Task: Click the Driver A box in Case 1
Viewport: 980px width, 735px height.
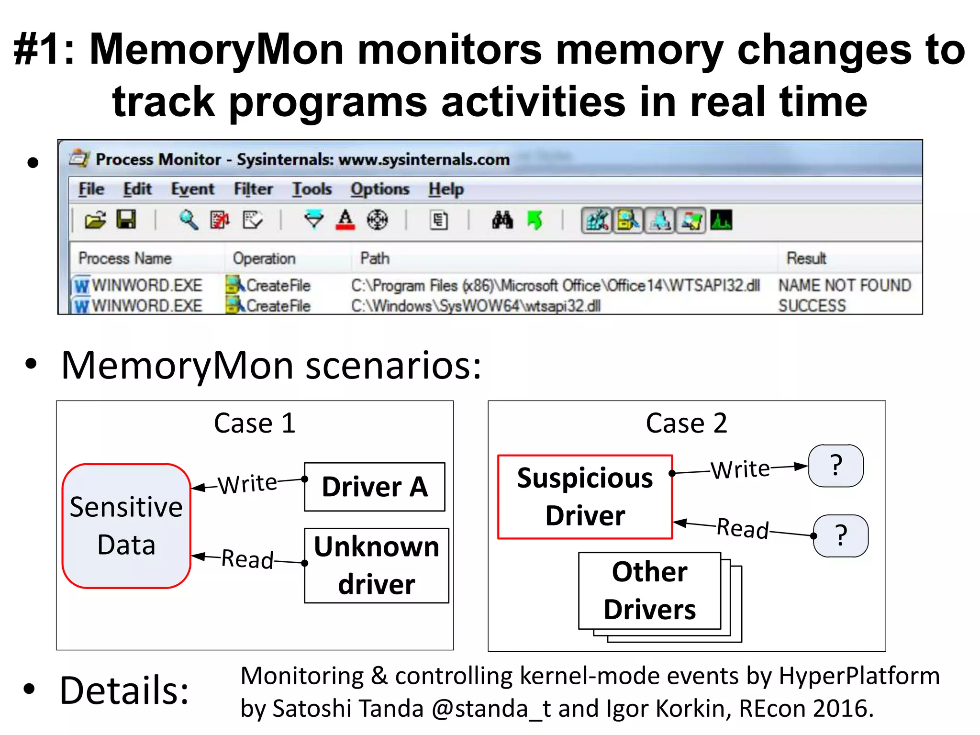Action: pos(375,487)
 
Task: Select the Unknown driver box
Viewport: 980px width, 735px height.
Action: pos(377,565)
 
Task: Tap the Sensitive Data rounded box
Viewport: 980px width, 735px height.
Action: pos(126,525)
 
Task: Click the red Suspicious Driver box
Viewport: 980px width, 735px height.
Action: pos(585,497)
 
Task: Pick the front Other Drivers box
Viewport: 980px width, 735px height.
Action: pos(649,590)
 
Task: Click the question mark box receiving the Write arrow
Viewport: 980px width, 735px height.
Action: pos(835,466)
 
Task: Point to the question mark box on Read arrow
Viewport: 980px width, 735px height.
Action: pos(841,535)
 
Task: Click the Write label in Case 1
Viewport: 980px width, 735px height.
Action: pos(247,484)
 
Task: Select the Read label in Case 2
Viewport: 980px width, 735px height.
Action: pos(743,528)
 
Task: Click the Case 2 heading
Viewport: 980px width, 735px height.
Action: pos(686,423)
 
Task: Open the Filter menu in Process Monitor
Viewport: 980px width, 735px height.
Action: pos(253,189)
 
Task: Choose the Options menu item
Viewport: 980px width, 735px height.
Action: pos(379,189)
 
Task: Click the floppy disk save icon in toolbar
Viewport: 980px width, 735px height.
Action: pos(126,220)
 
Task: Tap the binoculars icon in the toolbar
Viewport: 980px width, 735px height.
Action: pos(502,220)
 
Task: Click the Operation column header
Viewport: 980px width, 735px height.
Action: pos(264,258)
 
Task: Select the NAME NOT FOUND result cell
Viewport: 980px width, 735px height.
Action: pos(845,285)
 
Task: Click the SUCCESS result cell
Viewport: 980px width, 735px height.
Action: pos(812,305)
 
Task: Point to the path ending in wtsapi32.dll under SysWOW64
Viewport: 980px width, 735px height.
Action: pos(476,306)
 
